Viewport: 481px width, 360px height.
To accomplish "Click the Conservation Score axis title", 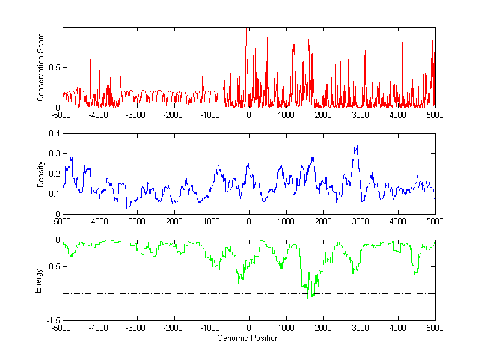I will coord(41,67).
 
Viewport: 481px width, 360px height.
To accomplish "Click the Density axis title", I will coord(41,174).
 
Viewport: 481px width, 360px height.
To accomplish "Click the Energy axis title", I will coord(39,281).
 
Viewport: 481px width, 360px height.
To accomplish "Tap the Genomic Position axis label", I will coord(248,338).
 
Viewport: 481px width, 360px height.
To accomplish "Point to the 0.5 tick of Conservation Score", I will coord(55,67).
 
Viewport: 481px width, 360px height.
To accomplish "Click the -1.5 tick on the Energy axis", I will coord(53,320).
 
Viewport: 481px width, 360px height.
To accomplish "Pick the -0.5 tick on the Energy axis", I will coord(53,267).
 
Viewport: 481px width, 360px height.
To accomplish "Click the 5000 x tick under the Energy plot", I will coord(435,328).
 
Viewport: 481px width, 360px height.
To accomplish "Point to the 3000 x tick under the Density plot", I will coord(360,221).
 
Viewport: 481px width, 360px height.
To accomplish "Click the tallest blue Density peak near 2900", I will coord(357,146).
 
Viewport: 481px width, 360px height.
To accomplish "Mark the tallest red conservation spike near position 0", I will coord(247,29).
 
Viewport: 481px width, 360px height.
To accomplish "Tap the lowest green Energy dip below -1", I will coord(308,298).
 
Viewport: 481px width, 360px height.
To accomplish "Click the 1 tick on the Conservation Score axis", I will coord(58,28).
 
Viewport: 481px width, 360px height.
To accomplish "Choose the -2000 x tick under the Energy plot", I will coord(174,328).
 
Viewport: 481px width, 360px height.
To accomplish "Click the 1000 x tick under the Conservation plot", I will coord(286,115).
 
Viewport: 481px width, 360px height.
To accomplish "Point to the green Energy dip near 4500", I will coord(415,274).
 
